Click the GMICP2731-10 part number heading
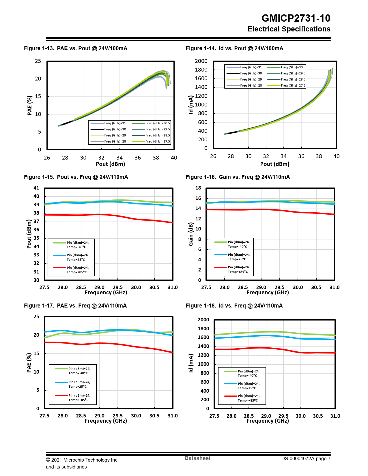pos(296,18)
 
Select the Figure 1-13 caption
pos(76,48)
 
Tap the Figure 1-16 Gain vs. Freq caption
pos(238,177)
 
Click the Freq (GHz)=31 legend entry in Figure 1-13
pos(109,123)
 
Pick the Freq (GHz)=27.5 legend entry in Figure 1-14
pos(287,85)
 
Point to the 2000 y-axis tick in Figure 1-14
pos(201,61)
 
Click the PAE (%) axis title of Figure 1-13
pos(29,106)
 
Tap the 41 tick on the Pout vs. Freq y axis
pos(36,188)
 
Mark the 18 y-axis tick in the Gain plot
pos(198,188)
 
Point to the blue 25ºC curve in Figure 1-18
pos(260,336)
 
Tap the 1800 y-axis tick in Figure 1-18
pos(203,329)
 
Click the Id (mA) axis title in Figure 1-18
pos(191,363)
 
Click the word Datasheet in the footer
pos(197,458)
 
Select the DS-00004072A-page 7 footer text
pos(306,458)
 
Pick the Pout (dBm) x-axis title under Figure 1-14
pos(274,164)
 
